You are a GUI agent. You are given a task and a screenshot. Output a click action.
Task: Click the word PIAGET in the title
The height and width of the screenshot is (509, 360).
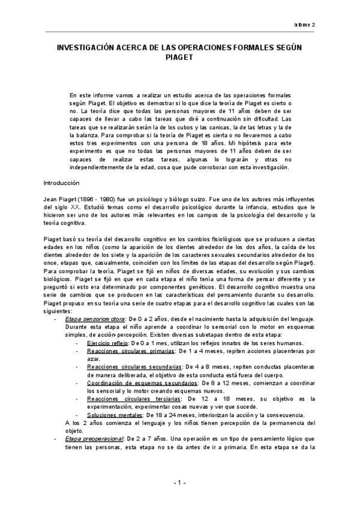pos(180,59)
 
